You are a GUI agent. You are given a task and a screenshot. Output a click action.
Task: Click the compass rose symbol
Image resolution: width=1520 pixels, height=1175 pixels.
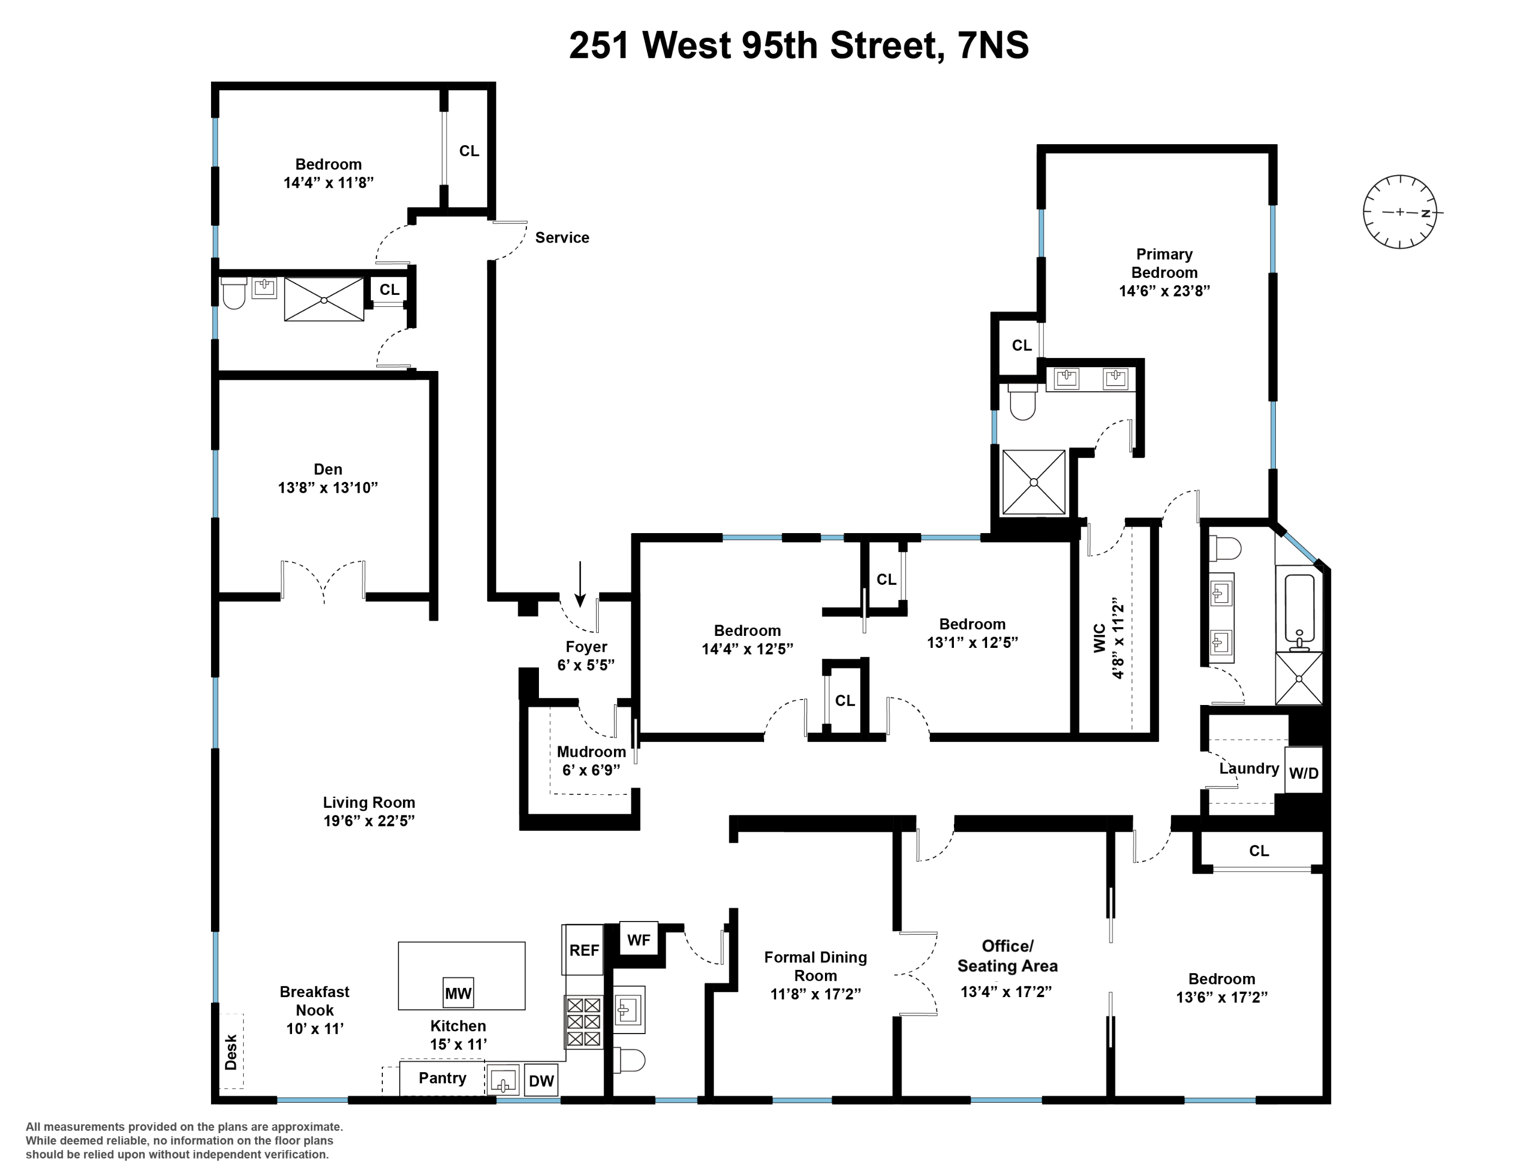click(1400, 212)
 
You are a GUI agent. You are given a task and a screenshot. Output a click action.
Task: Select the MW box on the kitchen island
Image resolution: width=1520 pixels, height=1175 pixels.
click(458, 993)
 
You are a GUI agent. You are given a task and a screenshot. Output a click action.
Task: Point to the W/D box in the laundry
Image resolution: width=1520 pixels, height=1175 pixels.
click(1304, 772)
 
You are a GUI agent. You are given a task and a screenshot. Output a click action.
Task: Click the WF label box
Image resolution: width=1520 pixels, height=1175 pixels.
click(638, 941)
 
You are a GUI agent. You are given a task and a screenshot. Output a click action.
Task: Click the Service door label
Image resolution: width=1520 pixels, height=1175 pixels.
click(562, 237)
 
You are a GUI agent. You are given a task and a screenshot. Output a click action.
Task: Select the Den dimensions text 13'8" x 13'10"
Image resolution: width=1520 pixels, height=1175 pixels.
click(328, 487)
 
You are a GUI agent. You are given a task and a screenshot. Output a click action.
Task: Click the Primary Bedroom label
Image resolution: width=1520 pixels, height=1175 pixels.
click(1164, 263)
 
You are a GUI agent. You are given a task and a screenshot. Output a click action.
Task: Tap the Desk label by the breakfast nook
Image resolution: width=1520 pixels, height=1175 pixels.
click(231, 1052)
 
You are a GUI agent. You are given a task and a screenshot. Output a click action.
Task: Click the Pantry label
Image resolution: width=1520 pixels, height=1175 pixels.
click(442, 1078)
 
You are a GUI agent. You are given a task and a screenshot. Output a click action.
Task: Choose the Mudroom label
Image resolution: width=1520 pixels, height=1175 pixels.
click(591, 752)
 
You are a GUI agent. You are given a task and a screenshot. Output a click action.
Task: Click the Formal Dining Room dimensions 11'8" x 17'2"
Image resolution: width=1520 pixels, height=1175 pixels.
click(816, 994)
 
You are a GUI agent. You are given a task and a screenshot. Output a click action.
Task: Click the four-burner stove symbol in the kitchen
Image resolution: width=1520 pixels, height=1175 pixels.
click(583, 1022)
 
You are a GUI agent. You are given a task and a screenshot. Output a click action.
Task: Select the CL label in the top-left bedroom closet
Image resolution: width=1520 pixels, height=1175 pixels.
click(469, 151)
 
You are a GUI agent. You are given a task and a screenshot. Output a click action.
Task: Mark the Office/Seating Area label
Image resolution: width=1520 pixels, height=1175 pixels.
click(1007, 956)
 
